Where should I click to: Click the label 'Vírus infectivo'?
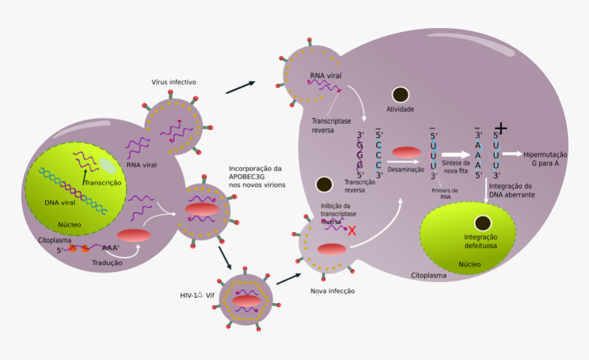coord(174,82)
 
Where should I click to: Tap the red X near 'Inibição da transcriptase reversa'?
coord(352,231)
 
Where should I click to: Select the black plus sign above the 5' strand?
coord(501,128)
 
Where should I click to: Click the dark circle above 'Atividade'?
coord(400,95)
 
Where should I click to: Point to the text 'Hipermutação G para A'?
coord(545,158)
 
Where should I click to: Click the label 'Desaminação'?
coord(405,169)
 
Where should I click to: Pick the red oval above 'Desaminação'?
coord(406,153)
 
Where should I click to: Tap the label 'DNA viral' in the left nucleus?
coord(60,203)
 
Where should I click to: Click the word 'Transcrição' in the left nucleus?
coord(102,183)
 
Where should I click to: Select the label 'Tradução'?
coord(107,263)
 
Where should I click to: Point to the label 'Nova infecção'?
coord(332,291)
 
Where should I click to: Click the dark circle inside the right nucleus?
coord(483,223)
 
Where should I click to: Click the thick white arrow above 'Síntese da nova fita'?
coord(455,154)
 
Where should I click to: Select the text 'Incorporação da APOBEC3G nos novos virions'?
coord(257,177)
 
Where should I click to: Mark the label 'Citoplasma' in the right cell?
coord(429,276)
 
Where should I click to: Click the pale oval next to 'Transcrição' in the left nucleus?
coord(108,166)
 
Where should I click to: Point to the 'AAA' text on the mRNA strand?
coord(110,248)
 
